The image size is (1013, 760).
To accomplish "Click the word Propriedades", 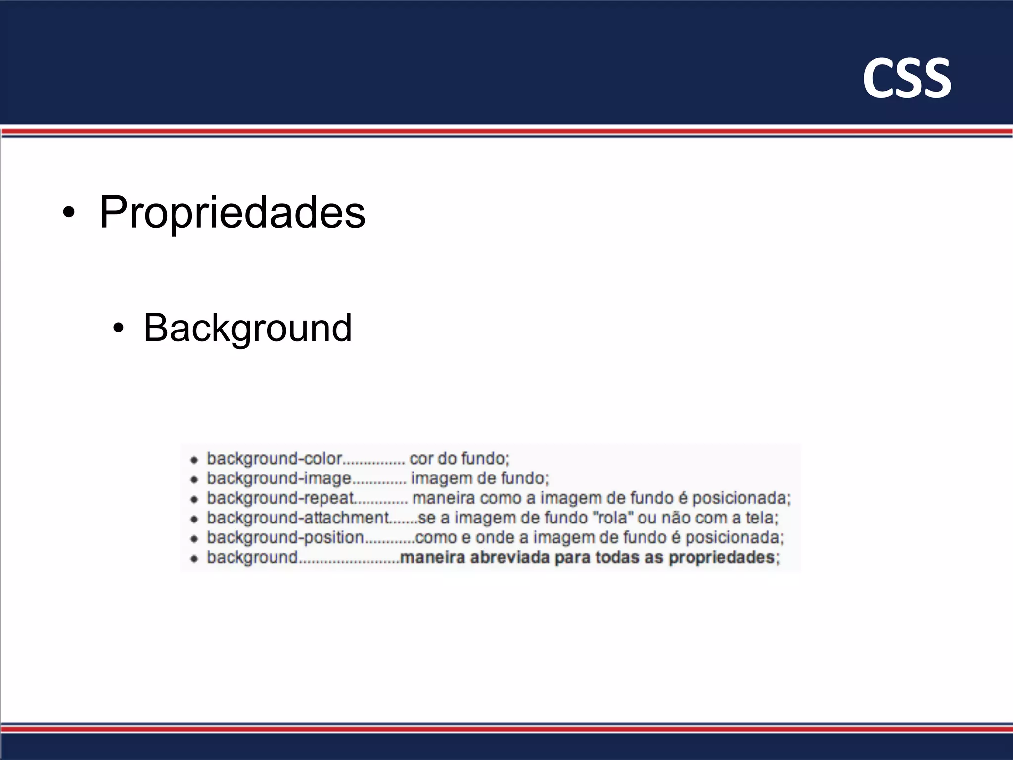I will tap(232, 213).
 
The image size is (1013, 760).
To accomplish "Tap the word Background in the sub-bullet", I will tap(247, 328).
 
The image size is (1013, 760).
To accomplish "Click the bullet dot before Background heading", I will tap(118, 328).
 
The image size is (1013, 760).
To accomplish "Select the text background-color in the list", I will tap(275, 459).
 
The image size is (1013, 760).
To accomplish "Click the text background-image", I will tap(278, 478).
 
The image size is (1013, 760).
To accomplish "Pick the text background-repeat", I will tap(280, 498).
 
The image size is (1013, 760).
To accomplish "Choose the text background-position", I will tap(285, 538).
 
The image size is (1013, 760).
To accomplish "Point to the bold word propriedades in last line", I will tap(721, 558).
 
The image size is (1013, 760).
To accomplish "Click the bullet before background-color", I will tap(194, 460).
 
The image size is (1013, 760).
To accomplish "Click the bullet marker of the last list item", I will tap(194, 559).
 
